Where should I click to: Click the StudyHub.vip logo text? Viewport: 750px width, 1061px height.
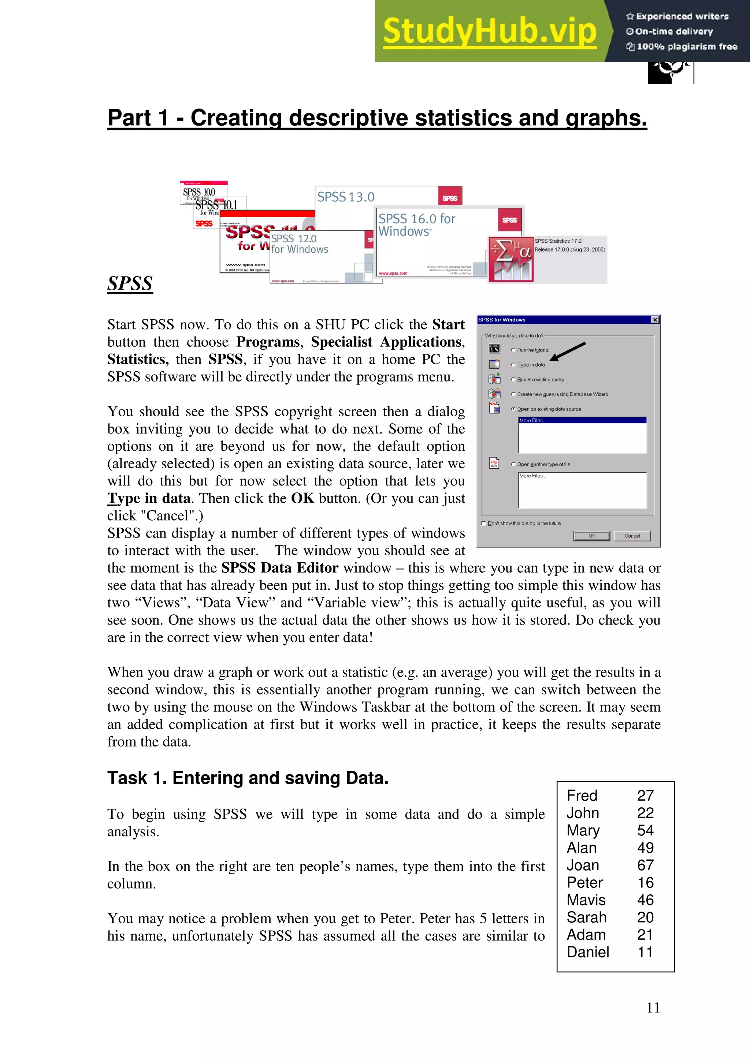click(x=490, y=31)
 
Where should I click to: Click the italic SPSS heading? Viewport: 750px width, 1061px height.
click(x=130, y=283)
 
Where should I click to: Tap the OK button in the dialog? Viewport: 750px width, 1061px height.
click(x=591, y=536)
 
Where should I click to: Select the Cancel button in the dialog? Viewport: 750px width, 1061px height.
click(x=632, y=536)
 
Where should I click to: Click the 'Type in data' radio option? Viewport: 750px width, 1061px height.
click(x=513, y=365)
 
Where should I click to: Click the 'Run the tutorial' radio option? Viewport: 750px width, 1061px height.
click(x=513, y=350)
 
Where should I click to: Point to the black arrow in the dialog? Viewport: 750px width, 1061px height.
click(x=568, y=351)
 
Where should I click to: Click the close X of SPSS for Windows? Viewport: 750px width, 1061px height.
click(x=654, y=320)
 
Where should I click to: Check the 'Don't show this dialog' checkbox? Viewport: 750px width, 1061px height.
click(x=484, y=523)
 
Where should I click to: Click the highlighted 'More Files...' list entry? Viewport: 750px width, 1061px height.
click(x=582, y=420)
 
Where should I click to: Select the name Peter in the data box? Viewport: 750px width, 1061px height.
click(x=584, y=882)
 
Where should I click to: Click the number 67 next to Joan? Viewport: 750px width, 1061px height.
click(x=645, y=865)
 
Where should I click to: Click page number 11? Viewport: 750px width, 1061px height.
click(x=653, y=1008)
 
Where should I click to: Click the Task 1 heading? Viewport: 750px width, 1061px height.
click(x=248, y=778)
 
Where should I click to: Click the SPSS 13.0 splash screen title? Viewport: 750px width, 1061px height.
click(x=346, y=197)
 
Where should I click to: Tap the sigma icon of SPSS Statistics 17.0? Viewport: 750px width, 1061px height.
click(x=510, y=259)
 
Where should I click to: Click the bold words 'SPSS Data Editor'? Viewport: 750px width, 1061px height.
click(x=279, y=567)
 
